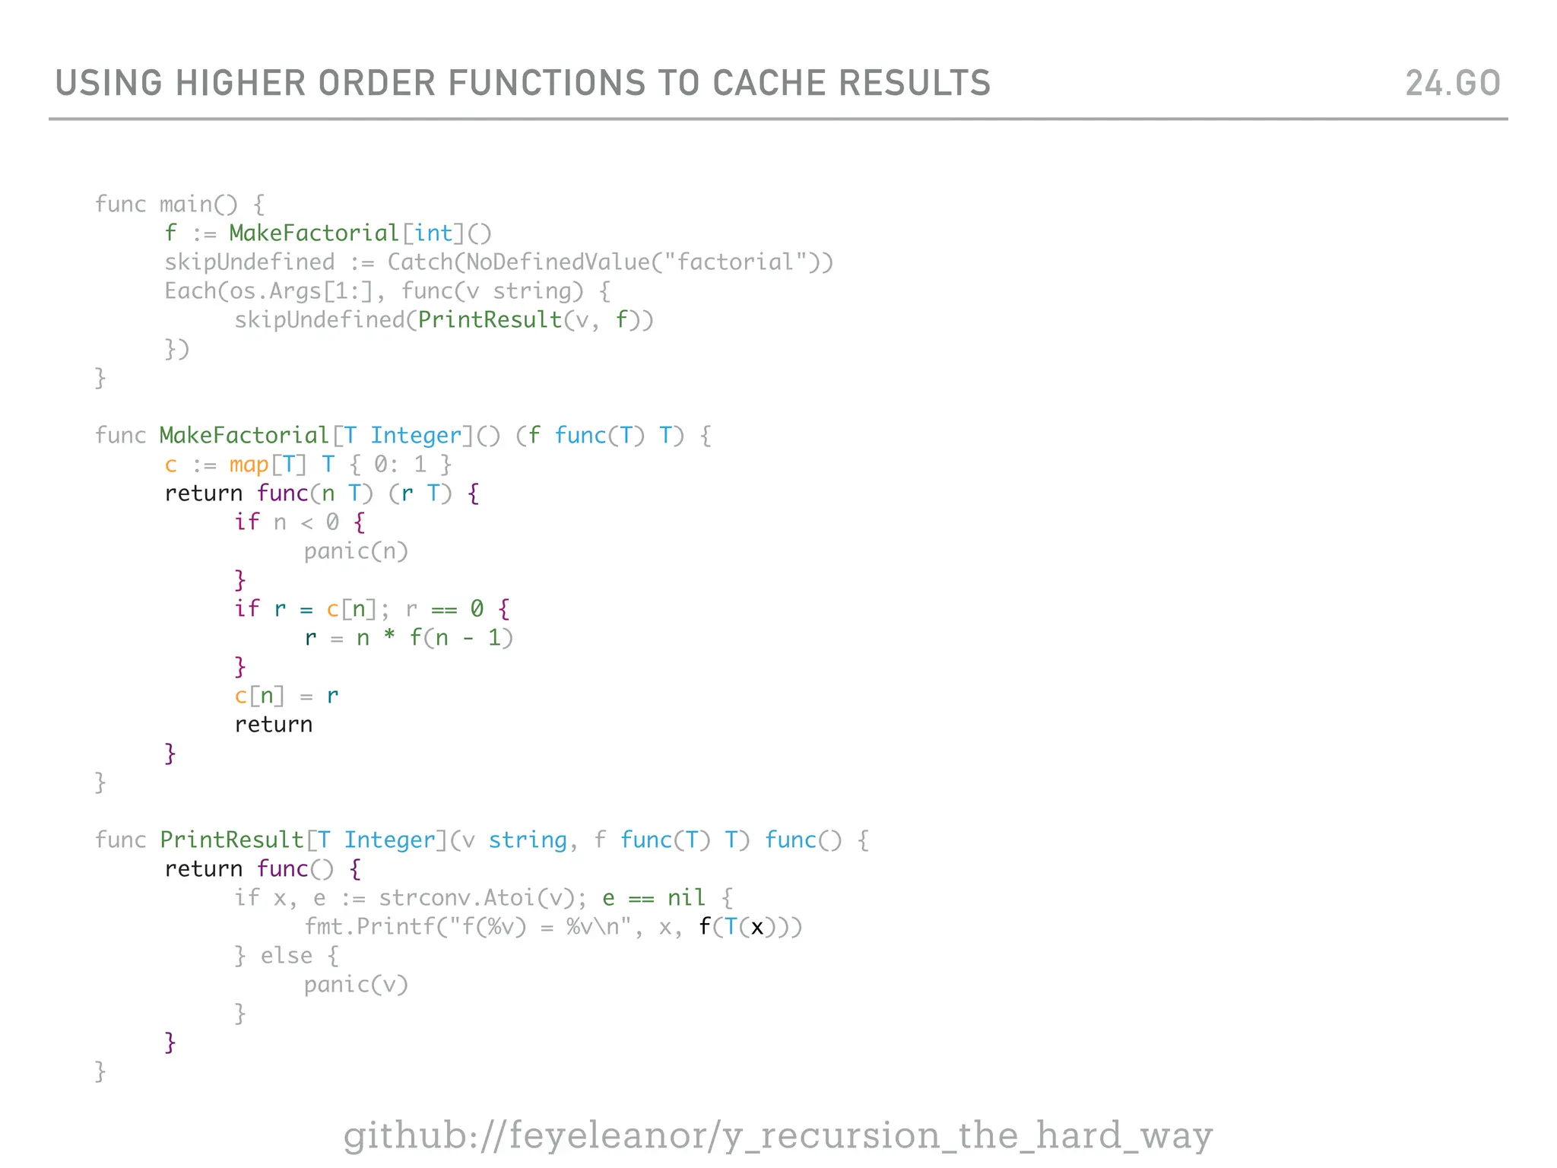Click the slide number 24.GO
point(1452,83)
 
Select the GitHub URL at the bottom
point(778,1135)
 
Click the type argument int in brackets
point(433,233)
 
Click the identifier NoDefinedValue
point(558,262)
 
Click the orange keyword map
point(249,465)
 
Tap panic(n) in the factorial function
point(356,551)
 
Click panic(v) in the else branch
point(356,985)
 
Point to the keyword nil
point(687,898)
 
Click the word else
point(287,956)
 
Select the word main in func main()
point(186,205)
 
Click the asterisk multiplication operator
point(389,637)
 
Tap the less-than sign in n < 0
point(306,523)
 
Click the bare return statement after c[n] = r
point(273,725)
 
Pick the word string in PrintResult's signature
point(527,840)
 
